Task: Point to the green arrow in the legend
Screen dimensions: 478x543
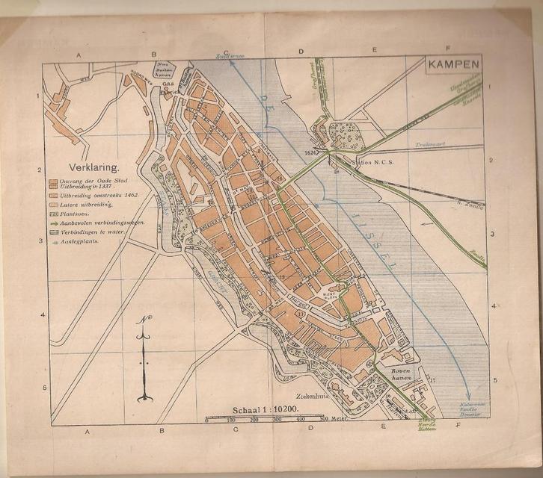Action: pyautogui.click(x=53, y=223)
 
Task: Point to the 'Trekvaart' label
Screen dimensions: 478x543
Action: pyautogui.click(x=429, y=146)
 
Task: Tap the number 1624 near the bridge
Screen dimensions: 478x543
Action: pyautogui.click(x=313, y=152)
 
